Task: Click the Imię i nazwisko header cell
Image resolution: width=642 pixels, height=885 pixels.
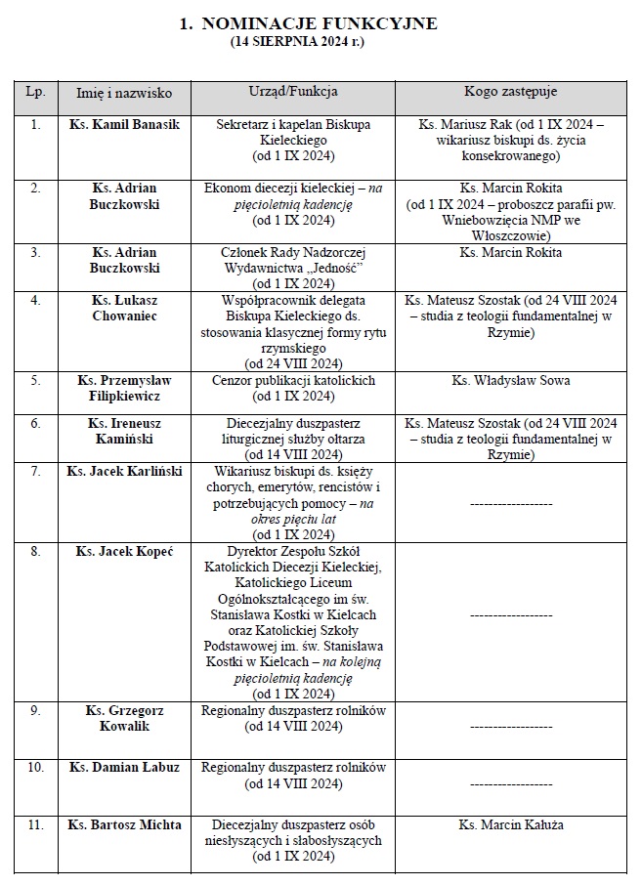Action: pos(124,92)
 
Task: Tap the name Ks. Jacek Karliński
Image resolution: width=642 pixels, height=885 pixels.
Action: pos(124,472)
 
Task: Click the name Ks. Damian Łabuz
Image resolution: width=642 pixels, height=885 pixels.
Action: pos(124,767)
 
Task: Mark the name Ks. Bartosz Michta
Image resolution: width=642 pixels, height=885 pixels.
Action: pos(124,825)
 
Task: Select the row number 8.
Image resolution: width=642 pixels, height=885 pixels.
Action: pos(35,552)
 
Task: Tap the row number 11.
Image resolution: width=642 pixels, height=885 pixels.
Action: pos(35,825)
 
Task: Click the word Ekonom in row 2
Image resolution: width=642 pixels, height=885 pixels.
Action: pos(226,188)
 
